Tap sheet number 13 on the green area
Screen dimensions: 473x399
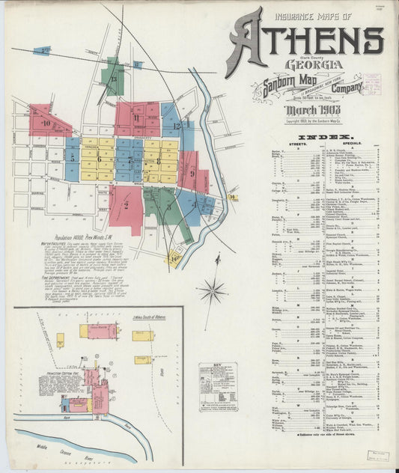[x=114, y=78]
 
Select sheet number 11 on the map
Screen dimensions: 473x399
[x=136, y=118]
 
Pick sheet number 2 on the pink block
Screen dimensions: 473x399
[x=127, y=204]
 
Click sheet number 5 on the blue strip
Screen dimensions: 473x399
[x=73, y=158]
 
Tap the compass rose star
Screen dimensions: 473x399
[x=212, y=290]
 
